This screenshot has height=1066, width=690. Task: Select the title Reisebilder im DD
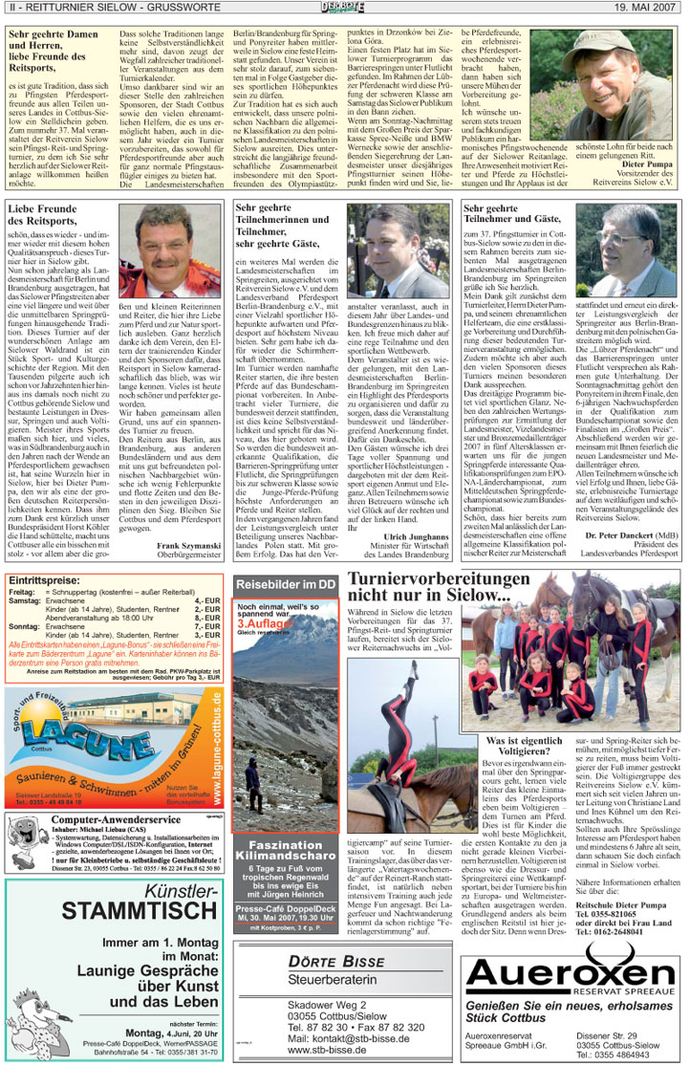(x=285, y=583)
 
